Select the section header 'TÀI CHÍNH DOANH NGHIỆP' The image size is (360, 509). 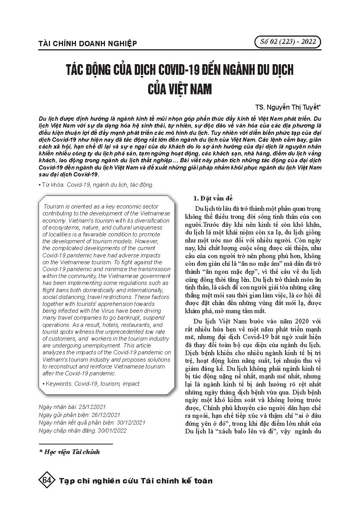pyautogui.click(x=88, y=44)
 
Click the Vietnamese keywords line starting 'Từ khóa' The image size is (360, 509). pyautogui.click(x=96, y=185)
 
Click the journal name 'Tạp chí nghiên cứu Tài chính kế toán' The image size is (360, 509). pyautogui.click(x=136, y=481)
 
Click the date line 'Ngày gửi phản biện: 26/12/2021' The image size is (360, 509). pyautogui.click(x=79, y=414)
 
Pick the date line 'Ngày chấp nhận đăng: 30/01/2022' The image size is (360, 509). pyautogui.click(x=82, y=430)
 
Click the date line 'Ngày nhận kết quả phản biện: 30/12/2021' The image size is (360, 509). pyautogui.click(x=92, y=422)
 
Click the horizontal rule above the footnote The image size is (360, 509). pyautogui.click(x=76, y=444)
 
